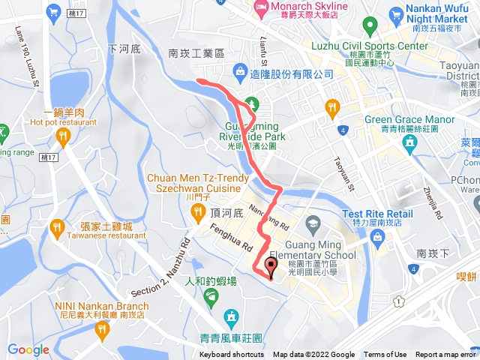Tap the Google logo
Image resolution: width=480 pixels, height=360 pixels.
click(x=28, y=349)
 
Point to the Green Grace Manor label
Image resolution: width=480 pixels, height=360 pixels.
click(x=409, y=119)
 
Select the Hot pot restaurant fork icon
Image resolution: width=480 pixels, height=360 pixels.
click(x=63, y=136)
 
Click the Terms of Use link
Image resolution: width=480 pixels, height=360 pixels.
click(x=385, y=355)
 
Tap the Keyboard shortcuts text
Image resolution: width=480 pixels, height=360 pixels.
click(x=232, y=355)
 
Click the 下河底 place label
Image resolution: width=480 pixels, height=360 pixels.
click(x=124, y=49)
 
